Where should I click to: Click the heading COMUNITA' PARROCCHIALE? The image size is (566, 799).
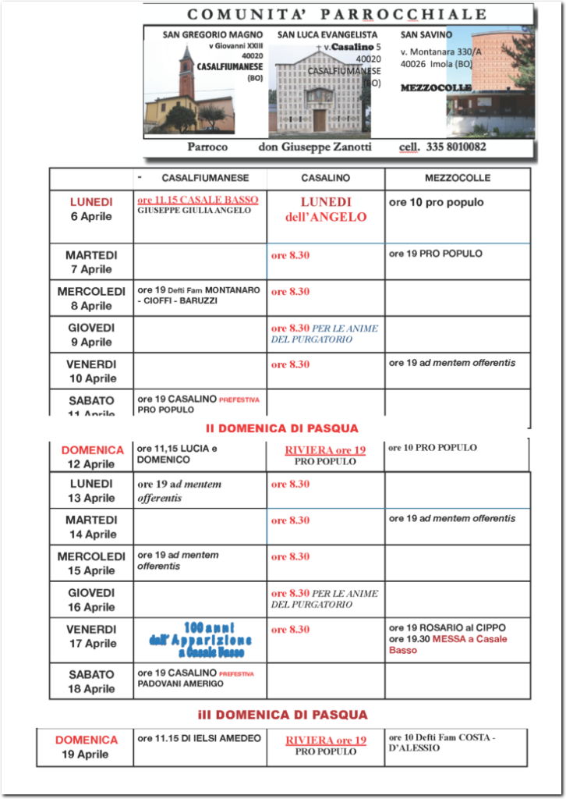tap(337, 14)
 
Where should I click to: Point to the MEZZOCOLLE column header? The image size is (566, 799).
tap(458, 178)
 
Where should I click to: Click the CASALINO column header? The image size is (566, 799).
tap(326, 178)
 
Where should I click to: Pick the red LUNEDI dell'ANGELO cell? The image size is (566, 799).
tap(326, 209)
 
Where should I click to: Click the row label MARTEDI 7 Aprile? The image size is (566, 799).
tap(91, 262)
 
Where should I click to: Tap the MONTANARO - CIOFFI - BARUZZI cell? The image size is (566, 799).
tap(199, 295)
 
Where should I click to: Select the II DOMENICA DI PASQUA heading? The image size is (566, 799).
tap(282, 428)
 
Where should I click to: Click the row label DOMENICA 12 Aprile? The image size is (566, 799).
tap(92, 456)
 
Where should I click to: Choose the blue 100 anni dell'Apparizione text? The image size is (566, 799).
tap(200, 639)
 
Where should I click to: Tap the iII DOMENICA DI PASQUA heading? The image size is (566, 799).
tap(282, 715)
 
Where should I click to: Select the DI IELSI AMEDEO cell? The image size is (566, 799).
tap(199, 738)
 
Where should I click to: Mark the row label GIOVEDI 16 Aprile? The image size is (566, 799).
tap(91, 600)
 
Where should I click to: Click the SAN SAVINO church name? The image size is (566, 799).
tap(426, 35)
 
